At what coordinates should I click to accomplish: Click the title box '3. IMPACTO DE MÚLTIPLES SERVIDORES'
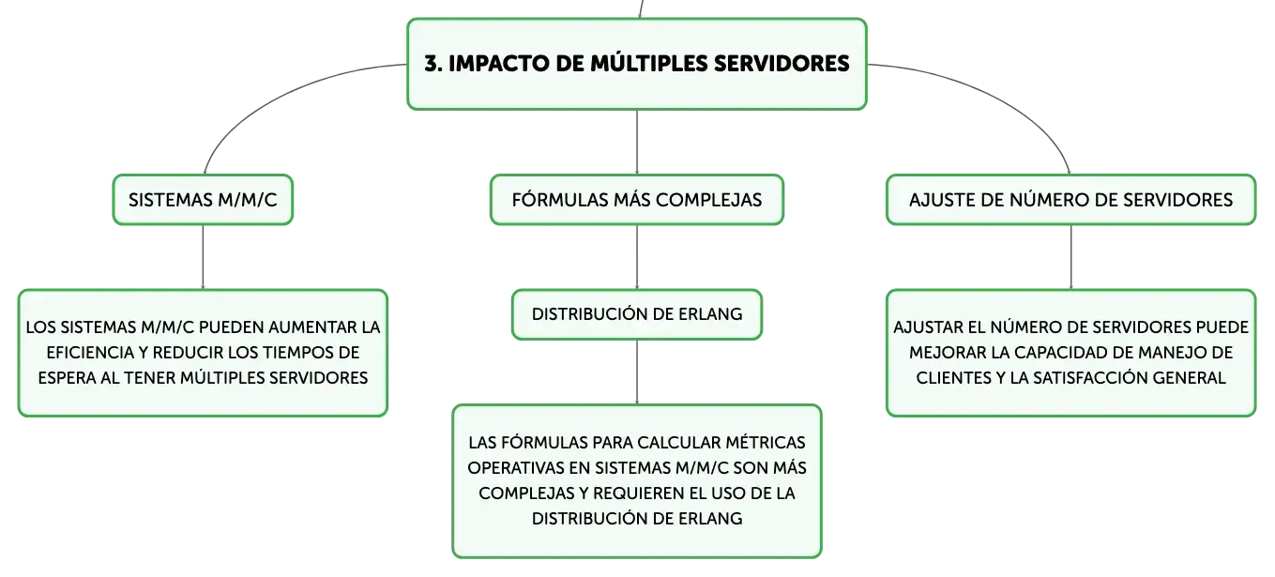point(637,64)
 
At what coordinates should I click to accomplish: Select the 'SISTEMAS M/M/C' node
point(203,200)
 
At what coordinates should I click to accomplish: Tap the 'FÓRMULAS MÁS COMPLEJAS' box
point(637,200)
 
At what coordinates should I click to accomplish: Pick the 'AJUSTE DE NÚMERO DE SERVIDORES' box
point(1070,200)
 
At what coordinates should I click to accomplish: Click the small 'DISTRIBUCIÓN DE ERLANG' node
point(637,314)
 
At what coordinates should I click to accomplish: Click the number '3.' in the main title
point(433,64)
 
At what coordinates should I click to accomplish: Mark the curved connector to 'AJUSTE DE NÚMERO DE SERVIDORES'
point(1002,97)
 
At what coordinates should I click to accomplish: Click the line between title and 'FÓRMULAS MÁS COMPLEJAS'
point(637,143)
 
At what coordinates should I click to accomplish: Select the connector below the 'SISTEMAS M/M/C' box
point(203,257)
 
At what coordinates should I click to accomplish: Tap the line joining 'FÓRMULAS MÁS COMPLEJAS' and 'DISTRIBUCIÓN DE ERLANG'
point(637,257)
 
